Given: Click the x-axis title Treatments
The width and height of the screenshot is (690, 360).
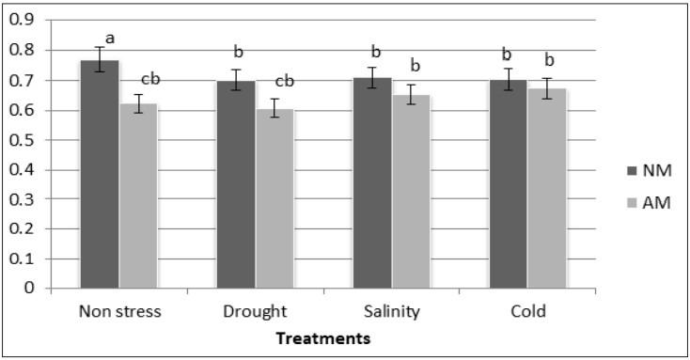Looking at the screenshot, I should point(321,337).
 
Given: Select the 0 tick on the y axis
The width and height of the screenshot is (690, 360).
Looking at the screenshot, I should point(28,289).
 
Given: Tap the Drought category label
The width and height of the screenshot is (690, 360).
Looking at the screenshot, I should point(255,311).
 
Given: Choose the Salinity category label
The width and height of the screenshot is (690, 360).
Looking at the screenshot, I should point(391,311).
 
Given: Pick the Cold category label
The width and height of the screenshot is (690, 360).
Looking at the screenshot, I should point(527,311).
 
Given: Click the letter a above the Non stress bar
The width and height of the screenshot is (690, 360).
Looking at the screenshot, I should point(110,38).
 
